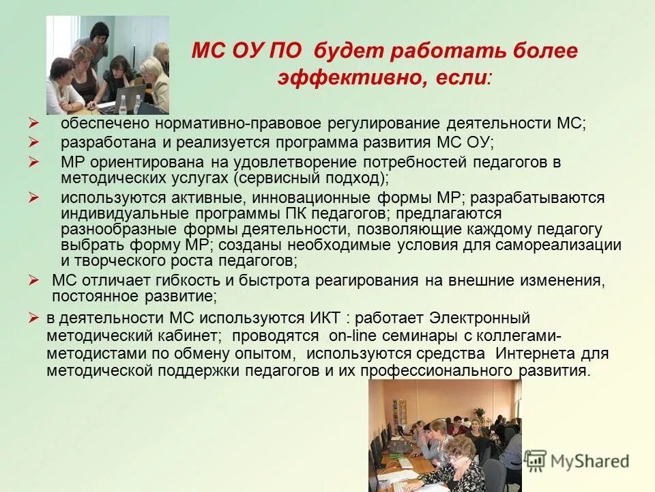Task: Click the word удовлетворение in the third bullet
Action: (290, 162)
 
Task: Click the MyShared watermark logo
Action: (577, 461)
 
